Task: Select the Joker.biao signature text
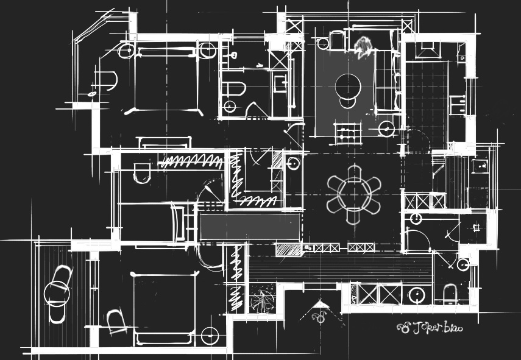[430, 328]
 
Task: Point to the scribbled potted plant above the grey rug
[363, 46]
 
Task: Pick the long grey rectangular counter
[250, 227]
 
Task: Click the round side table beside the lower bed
[210, 336]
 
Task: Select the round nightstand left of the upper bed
[126, 50]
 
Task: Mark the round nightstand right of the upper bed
[208, 50]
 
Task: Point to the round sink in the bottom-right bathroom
[417, 295]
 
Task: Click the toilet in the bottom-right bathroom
[450, 294]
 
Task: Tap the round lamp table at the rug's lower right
[386, 129]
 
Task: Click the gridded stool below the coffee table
[346, 133]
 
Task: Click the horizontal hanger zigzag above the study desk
[191, 161]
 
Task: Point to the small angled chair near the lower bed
[116, 320]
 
